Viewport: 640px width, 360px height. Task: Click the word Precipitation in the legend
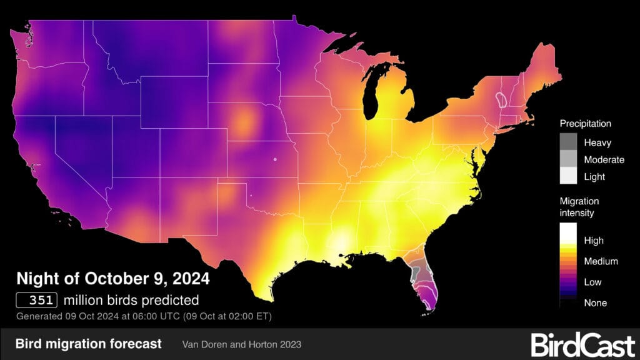pos(585,124)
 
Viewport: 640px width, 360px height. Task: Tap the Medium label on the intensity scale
pos(601,261)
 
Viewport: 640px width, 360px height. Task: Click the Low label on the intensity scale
pos(592,282)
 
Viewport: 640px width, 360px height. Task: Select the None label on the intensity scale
pos(595,302)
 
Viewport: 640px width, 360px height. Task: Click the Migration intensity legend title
pos(579,207)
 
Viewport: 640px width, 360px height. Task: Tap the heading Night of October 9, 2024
pos(112,277)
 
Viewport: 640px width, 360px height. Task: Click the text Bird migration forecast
pos(88,344)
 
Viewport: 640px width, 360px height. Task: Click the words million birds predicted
pos(131,300)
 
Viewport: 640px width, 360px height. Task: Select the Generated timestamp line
pos(144,316)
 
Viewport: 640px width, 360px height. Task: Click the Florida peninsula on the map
pos(425,278)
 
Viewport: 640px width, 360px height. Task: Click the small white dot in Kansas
pos(274,159)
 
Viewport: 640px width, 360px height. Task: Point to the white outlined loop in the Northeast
pos(501,99)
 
